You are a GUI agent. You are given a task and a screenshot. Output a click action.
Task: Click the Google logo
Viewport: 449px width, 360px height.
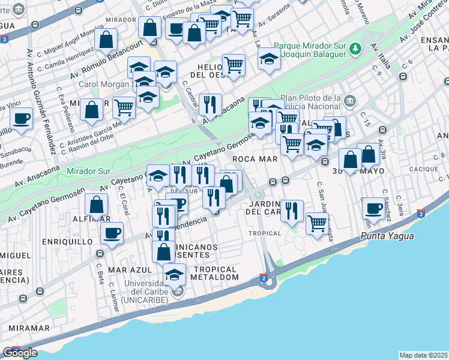click(20, 353)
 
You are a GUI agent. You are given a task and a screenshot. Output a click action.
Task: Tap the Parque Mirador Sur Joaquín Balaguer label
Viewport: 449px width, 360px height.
click(311, 51)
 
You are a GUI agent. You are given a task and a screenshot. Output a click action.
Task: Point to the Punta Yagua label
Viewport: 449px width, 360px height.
click(387, 236)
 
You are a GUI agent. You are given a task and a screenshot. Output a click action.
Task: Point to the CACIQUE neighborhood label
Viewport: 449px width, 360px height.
click(423, 169)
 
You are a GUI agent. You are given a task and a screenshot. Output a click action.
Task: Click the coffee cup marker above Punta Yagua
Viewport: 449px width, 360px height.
click(373, 209)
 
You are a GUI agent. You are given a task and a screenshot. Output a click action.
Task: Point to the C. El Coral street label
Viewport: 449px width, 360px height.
click(125, 202)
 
